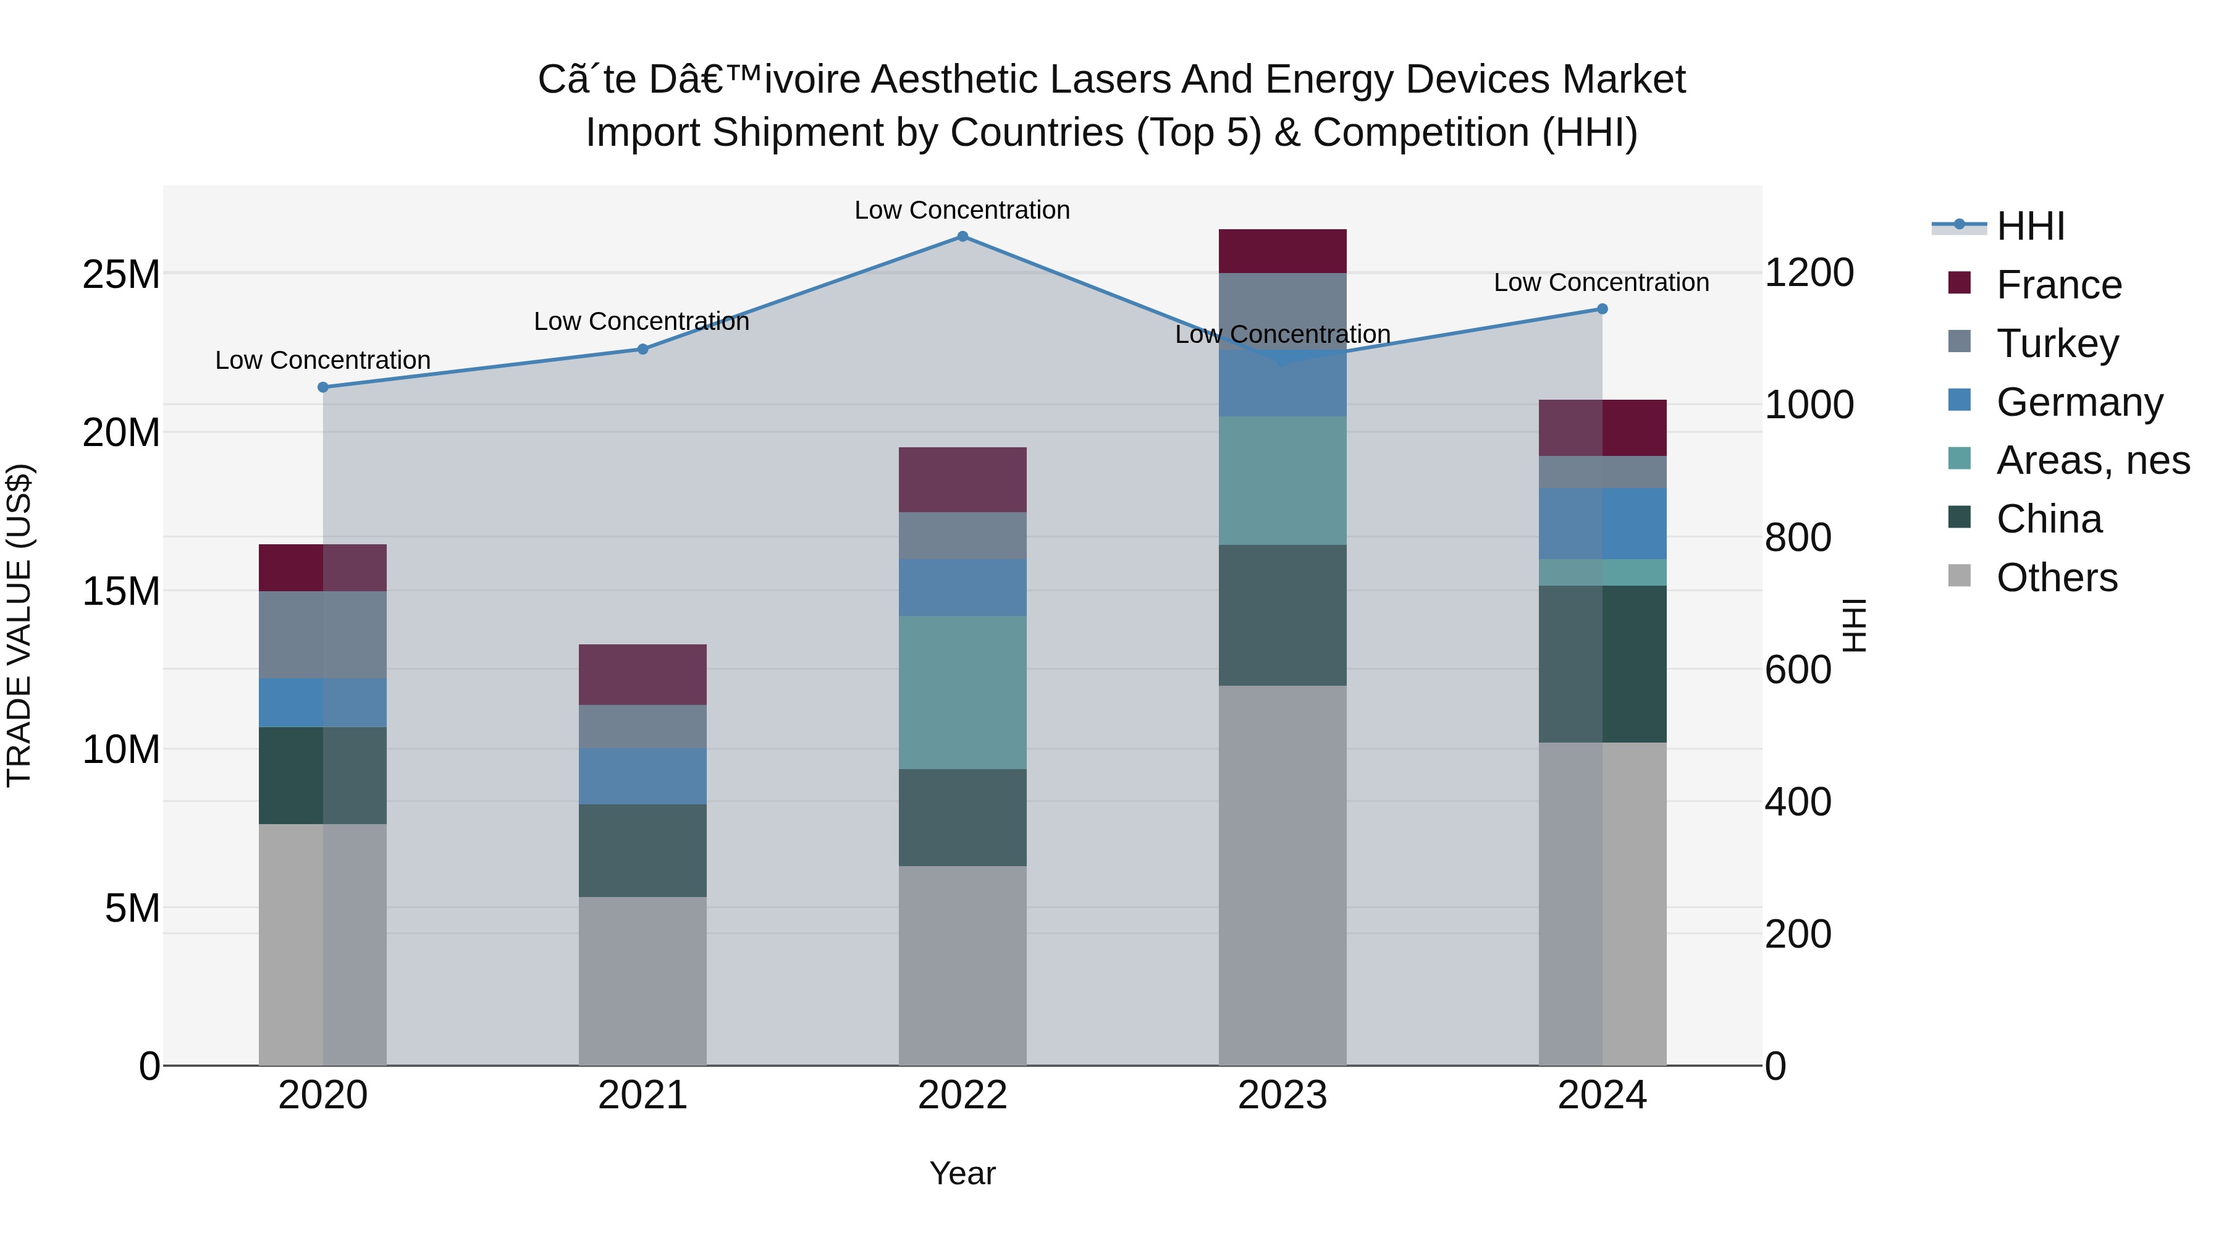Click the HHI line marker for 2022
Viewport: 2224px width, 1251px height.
(962, 237)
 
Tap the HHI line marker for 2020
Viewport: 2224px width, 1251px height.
(323, 387)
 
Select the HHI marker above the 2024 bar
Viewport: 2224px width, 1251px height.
(1603, 309)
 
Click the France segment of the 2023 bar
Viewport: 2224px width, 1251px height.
(1282, 251)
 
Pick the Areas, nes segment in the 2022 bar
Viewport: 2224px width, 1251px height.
(962, 693)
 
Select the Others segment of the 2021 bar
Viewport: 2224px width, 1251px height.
(642, 981)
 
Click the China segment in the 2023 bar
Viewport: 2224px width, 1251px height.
(1282, 615)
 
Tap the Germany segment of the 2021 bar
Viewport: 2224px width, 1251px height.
(642, 776)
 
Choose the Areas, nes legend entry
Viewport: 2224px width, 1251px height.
(2093, 461)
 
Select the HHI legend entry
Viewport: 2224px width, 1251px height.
(2030, 226)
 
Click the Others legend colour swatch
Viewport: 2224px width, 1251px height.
(1960, 576)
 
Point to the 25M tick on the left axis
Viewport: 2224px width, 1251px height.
(121, 274)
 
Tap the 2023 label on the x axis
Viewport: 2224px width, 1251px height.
(1282, 1095)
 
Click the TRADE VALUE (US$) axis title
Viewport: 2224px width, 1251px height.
(19, 625)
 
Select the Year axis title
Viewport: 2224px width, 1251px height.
(962, 1173)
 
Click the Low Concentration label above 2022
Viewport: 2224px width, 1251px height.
(962, 210)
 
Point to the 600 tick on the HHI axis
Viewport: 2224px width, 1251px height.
(1798, 670)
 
